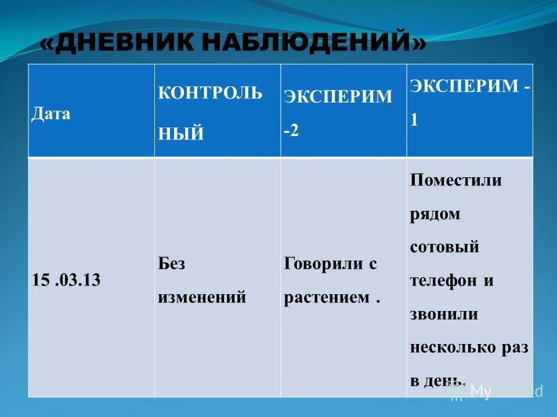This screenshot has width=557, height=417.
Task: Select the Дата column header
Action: (50, 113)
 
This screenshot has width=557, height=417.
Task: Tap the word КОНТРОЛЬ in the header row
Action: (210, 93)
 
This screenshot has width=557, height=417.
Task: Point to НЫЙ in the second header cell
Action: (181, 133)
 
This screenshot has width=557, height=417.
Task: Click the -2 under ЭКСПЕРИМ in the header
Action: (291, 130)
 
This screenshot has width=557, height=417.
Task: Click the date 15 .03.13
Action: (67, 280)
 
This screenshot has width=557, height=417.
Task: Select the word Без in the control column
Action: (171, 264)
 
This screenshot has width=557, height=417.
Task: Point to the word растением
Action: (327, 298)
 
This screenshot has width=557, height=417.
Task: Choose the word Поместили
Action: (455, 180)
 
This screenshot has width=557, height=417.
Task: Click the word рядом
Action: (435, 214)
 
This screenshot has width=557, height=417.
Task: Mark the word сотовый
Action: (444, 247)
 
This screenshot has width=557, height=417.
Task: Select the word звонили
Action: (444, 314)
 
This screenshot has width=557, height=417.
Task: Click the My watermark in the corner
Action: (480, 392)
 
